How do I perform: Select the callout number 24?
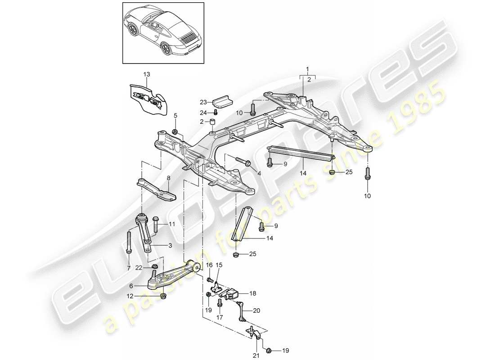click(x=203, y=112)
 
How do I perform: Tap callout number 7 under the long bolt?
click(x=129, y=269)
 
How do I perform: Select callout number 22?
click(x=140, y=268)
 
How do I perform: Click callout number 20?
click(x=257, y=310)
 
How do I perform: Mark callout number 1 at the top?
click(x=307, y=70)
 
